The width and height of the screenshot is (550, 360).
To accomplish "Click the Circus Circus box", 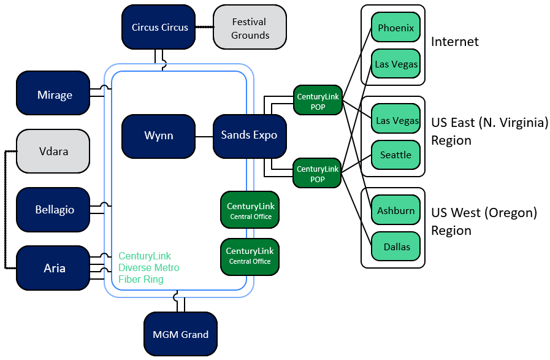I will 159,27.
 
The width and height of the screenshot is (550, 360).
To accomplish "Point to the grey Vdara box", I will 53,151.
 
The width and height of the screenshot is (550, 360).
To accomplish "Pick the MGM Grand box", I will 180,334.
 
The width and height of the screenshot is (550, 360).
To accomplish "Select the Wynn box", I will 158,136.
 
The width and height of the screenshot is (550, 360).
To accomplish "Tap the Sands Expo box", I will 249,136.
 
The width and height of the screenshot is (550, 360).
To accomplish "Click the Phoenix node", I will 395,28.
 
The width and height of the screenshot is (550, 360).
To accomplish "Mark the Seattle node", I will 395,155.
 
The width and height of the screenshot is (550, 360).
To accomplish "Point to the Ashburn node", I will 395,211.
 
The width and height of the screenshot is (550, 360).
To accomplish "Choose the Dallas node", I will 395,247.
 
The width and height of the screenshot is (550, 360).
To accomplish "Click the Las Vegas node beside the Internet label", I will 395,64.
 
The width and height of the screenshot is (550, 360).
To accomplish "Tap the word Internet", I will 454,42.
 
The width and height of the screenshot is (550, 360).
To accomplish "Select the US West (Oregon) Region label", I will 484,221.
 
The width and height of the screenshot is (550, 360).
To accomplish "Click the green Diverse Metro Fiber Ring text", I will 148,267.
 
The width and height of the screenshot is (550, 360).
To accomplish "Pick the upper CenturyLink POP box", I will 318,101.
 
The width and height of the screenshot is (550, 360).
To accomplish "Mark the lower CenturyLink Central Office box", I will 250,256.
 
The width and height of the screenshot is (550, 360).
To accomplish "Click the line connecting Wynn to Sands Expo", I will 204,136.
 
